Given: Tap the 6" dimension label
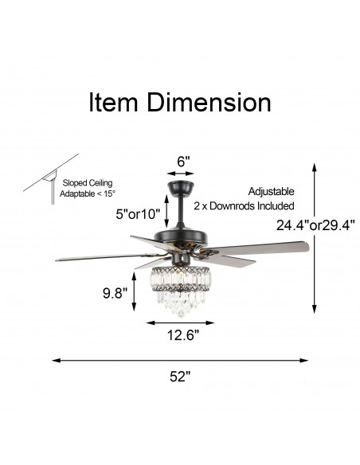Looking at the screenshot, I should click(x=183, y=160).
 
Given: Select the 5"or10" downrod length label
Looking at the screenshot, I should click(x=137, y=214).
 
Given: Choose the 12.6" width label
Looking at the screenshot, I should click(x=182, y=335).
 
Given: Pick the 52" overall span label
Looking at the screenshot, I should click(x=181, y=377).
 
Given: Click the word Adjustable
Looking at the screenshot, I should click(x=271, y=192).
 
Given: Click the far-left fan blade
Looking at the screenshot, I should click(x=96, y=257).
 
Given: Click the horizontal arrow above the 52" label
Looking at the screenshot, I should click(x=180, y=360).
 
